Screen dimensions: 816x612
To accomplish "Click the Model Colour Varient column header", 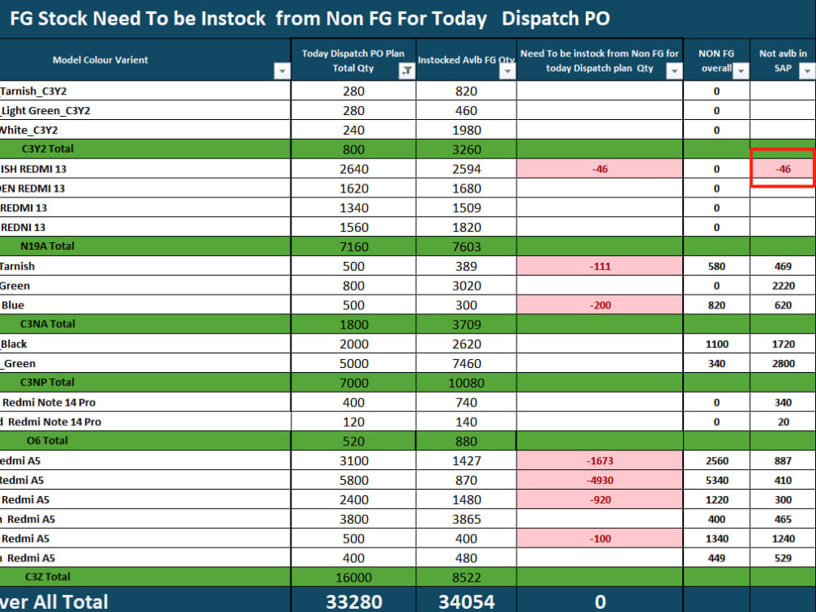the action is click(100, 60).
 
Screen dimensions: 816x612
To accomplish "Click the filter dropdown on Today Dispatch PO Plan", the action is click(406, 71).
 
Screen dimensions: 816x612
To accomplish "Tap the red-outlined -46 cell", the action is click(783, 169).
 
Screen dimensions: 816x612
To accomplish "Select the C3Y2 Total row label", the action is click(47, 149).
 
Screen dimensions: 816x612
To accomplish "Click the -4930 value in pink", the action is click(600, 481).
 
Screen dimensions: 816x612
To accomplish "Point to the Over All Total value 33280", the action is click(354, 601).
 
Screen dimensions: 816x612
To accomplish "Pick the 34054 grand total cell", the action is click(466, 601).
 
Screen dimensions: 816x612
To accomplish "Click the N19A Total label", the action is click(47, 246).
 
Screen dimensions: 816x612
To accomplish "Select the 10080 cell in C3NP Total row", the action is click(466, 383).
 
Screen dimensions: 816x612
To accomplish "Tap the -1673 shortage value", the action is click(600, 460).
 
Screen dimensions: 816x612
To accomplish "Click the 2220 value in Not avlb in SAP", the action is click(783, 286).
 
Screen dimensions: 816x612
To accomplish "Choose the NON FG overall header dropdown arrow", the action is click(741, 71).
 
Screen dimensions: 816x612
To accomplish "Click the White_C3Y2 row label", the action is click(29, 130).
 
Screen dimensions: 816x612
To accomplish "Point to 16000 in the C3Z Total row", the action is click(354, 578).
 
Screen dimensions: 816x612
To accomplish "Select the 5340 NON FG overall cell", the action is click(716, 481).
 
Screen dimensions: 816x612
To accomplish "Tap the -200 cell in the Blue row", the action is click(600, 305).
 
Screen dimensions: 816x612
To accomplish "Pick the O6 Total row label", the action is click(47, 441).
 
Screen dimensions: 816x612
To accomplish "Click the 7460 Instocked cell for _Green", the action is click(466, 363).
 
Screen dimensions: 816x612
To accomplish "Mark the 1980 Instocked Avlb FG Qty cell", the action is click(466, 130).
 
